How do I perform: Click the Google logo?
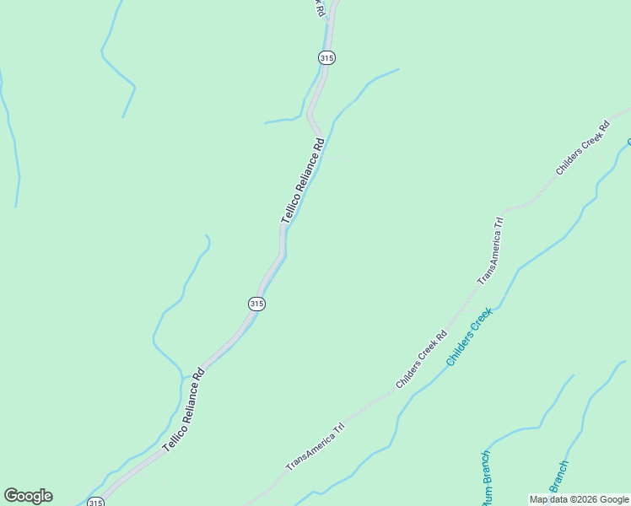[28, 496]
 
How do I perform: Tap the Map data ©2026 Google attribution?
[579, 499]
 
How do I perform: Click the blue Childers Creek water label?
[469, 336]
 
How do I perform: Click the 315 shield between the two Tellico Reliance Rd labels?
[257, 304]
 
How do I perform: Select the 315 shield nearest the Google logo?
[95, 502]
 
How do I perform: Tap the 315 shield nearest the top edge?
[327, 57]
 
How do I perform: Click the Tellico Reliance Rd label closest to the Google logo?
[184, 408]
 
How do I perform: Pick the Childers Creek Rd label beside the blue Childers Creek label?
[422, 359]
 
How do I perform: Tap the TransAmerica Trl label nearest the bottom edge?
[315, 446]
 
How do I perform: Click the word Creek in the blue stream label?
[481, 321]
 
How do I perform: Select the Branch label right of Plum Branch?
[558, 477]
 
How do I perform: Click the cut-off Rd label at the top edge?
[319, 8]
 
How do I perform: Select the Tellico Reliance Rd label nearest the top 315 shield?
[303, 180]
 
